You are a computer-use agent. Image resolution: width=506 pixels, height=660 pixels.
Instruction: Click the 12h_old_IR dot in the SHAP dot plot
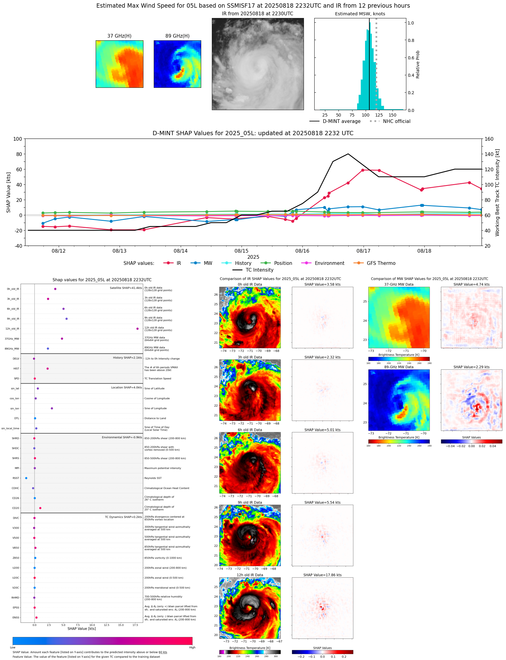(137, 328)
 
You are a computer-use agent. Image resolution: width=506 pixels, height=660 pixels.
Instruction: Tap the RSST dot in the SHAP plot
(26, 478)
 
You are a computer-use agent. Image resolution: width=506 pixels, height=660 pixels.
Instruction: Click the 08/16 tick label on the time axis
(302, 251)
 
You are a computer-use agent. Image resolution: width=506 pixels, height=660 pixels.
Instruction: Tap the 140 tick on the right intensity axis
(489, 154)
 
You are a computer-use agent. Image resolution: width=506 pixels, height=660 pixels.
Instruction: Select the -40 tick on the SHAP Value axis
(17, 246)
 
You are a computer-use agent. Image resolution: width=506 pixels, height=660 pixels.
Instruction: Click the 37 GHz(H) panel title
(119, 36)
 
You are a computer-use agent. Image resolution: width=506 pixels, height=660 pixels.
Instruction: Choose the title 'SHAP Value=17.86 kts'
(322, 575)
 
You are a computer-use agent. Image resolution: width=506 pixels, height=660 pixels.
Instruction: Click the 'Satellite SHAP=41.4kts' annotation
(126, 288)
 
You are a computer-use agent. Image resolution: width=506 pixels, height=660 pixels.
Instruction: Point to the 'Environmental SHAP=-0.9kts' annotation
(122, 437)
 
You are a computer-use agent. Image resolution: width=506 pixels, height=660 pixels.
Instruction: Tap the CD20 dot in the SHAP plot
(40, 508)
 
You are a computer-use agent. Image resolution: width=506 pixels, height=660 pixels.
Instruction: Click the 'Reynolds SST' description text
(153, 478)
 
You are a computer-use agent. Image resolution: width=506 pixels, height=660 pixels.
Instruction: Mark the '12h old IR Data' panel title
(250, 575)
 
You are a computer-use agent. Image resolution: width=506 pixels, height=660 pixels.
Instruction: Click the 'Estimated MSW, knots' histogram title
(360, 14)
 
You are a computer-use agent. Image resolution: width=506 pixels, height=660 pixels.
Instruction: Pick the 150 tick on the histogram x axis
(392, 115)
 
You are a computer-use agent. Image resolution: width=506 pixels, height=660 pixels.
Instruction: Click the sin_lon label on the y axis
(15, 409)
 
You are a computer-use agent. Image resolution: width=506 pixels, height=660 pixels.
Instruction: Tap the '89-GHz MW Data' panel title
(399, 367)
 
